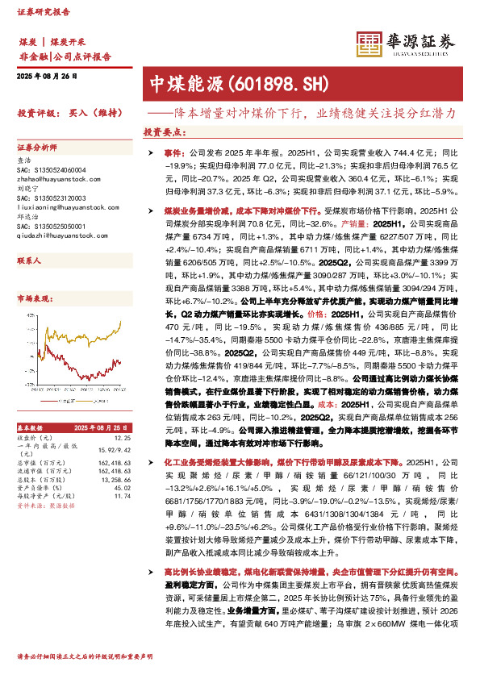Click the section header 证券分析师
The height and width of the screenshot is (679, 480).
(x=37, y=148)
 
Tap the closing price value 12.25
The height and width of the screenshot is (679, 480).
(x=122, y=437)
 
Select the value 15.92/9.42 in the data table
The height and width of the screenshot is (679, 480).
(x=114, y=448)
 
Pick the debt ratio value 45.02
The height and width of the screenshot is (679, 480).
(x=122, y=488)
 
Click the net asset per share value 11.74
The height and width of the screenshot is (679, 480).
(x=122, y=497)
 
